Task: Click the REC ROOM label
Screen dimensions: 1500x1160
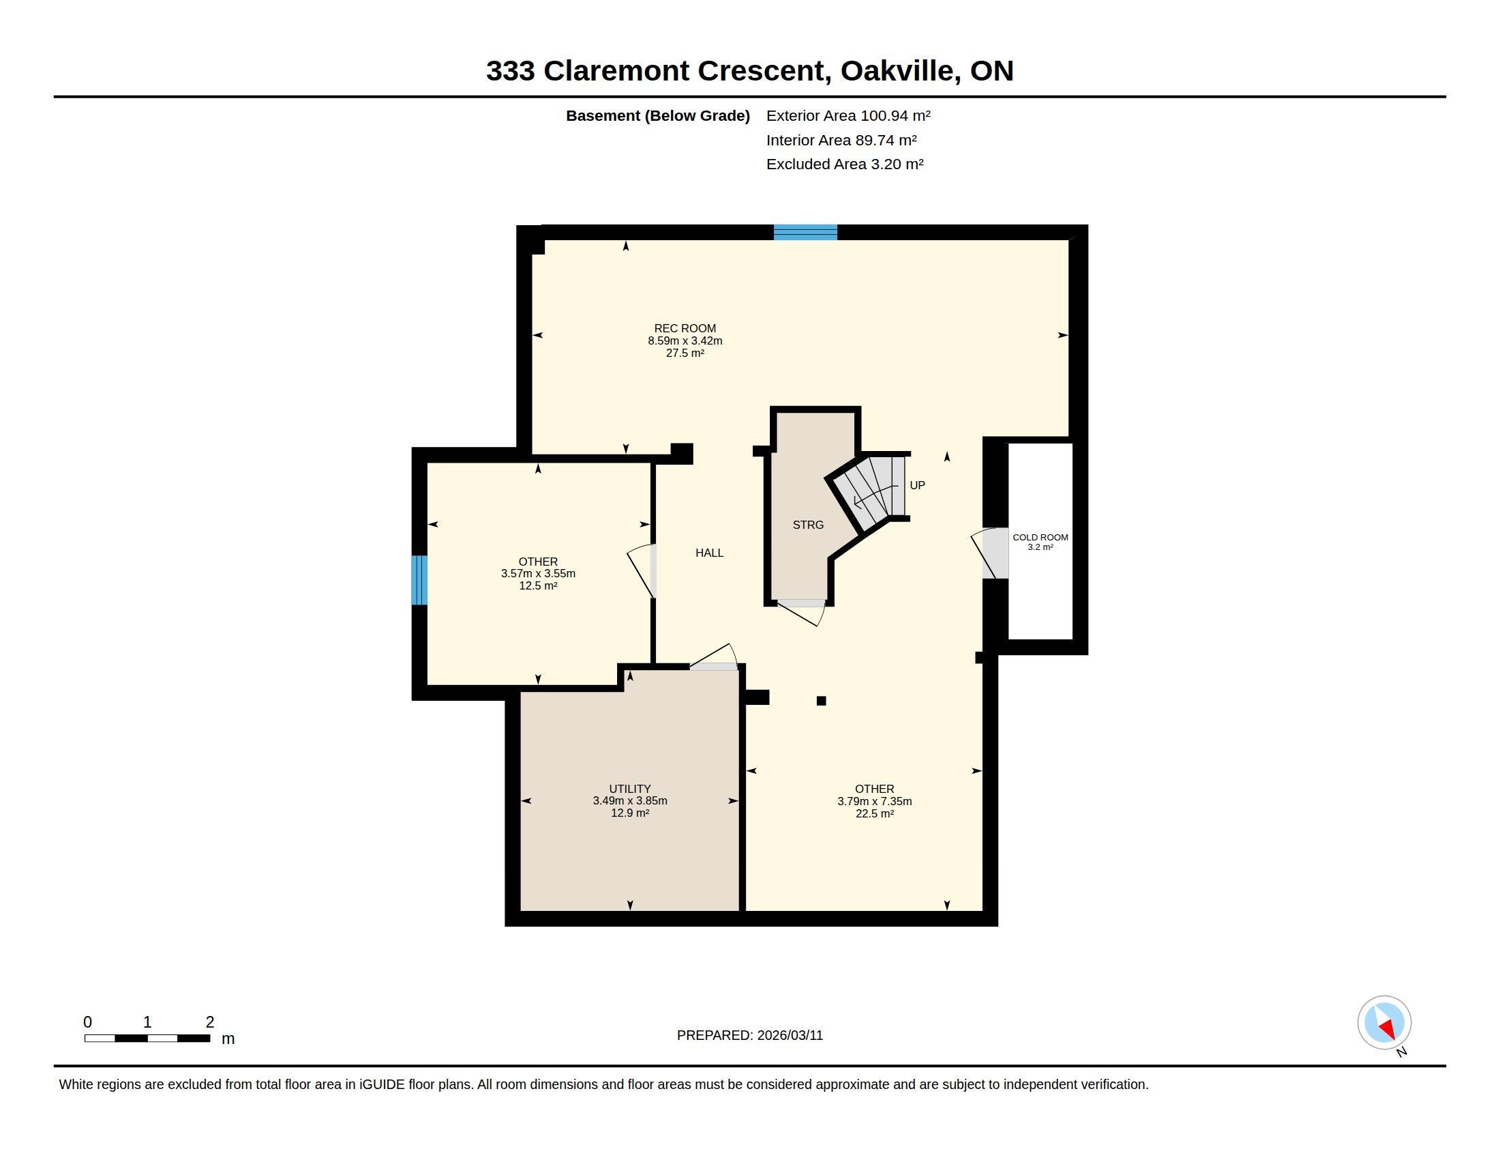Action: pos(685,328)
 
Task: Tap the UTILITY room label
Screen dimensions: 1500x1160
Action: pos(630,789)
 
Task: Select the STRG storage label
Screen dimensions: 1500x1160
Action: pos(808,525)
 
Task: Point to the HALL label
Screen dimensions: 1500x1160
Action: pos(710,553)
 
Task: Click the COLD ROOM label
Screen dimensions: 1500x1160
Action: pos(1040,538)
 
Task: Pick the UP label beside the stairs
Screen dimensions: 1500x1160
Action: pos(917,485)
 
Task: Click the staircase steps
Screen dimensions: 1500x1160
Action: pos(869,489)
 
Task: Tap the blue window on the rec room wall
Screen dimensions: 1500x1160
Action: pos(805,232)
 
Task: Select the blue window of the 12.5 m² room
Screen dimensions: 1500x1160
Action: pos(419,580)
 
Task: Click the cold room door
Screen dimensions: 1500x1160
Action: pos(989,553)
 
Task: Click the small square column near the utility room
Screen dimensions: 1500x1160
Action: pos(821,701)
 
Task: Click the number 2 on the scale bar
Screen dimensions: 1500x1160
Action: pos(210,1022)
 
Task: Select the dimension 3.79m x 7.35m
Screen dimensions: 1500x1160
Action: pos(874,801)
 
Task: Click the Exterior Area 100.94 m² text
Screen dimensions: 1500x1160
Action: pos(848,115)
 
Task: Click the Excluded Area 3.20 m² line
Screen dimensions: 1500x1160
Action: pos(845,164)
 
